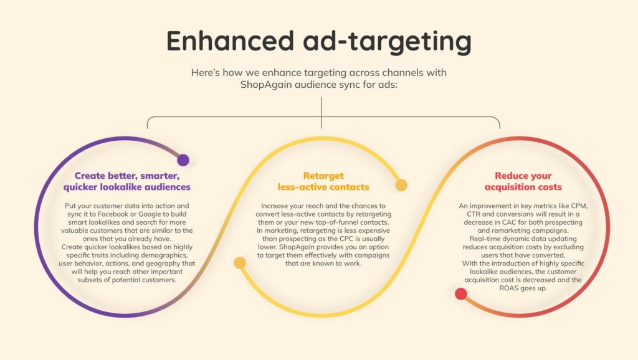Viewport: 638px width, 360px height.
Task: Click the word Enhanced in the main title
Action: [231, 40]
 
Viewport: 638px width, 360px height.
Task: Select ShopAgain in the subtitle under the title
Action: [265, 85]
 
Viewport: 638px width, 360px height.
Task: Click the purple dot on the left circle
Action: [183, 160]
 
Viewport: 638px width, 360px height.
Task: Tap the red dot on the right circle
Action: [460, 294]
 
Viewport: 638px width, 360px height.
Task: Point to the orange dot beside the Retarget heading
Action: [401, 185]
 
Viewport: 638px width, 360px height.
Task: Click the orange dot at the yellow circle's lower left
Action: [240, 263]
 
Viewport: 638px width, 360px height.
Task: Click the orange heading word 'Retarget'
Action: [323, 176]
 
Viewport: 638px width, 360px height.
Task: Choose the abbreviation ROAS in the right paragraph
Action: [509, 288]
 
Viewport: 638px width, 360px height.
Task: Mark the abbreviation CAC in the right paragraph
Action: [508, 222]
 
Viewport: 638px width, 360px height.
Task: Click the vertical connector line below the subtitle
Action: [321, 113]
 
